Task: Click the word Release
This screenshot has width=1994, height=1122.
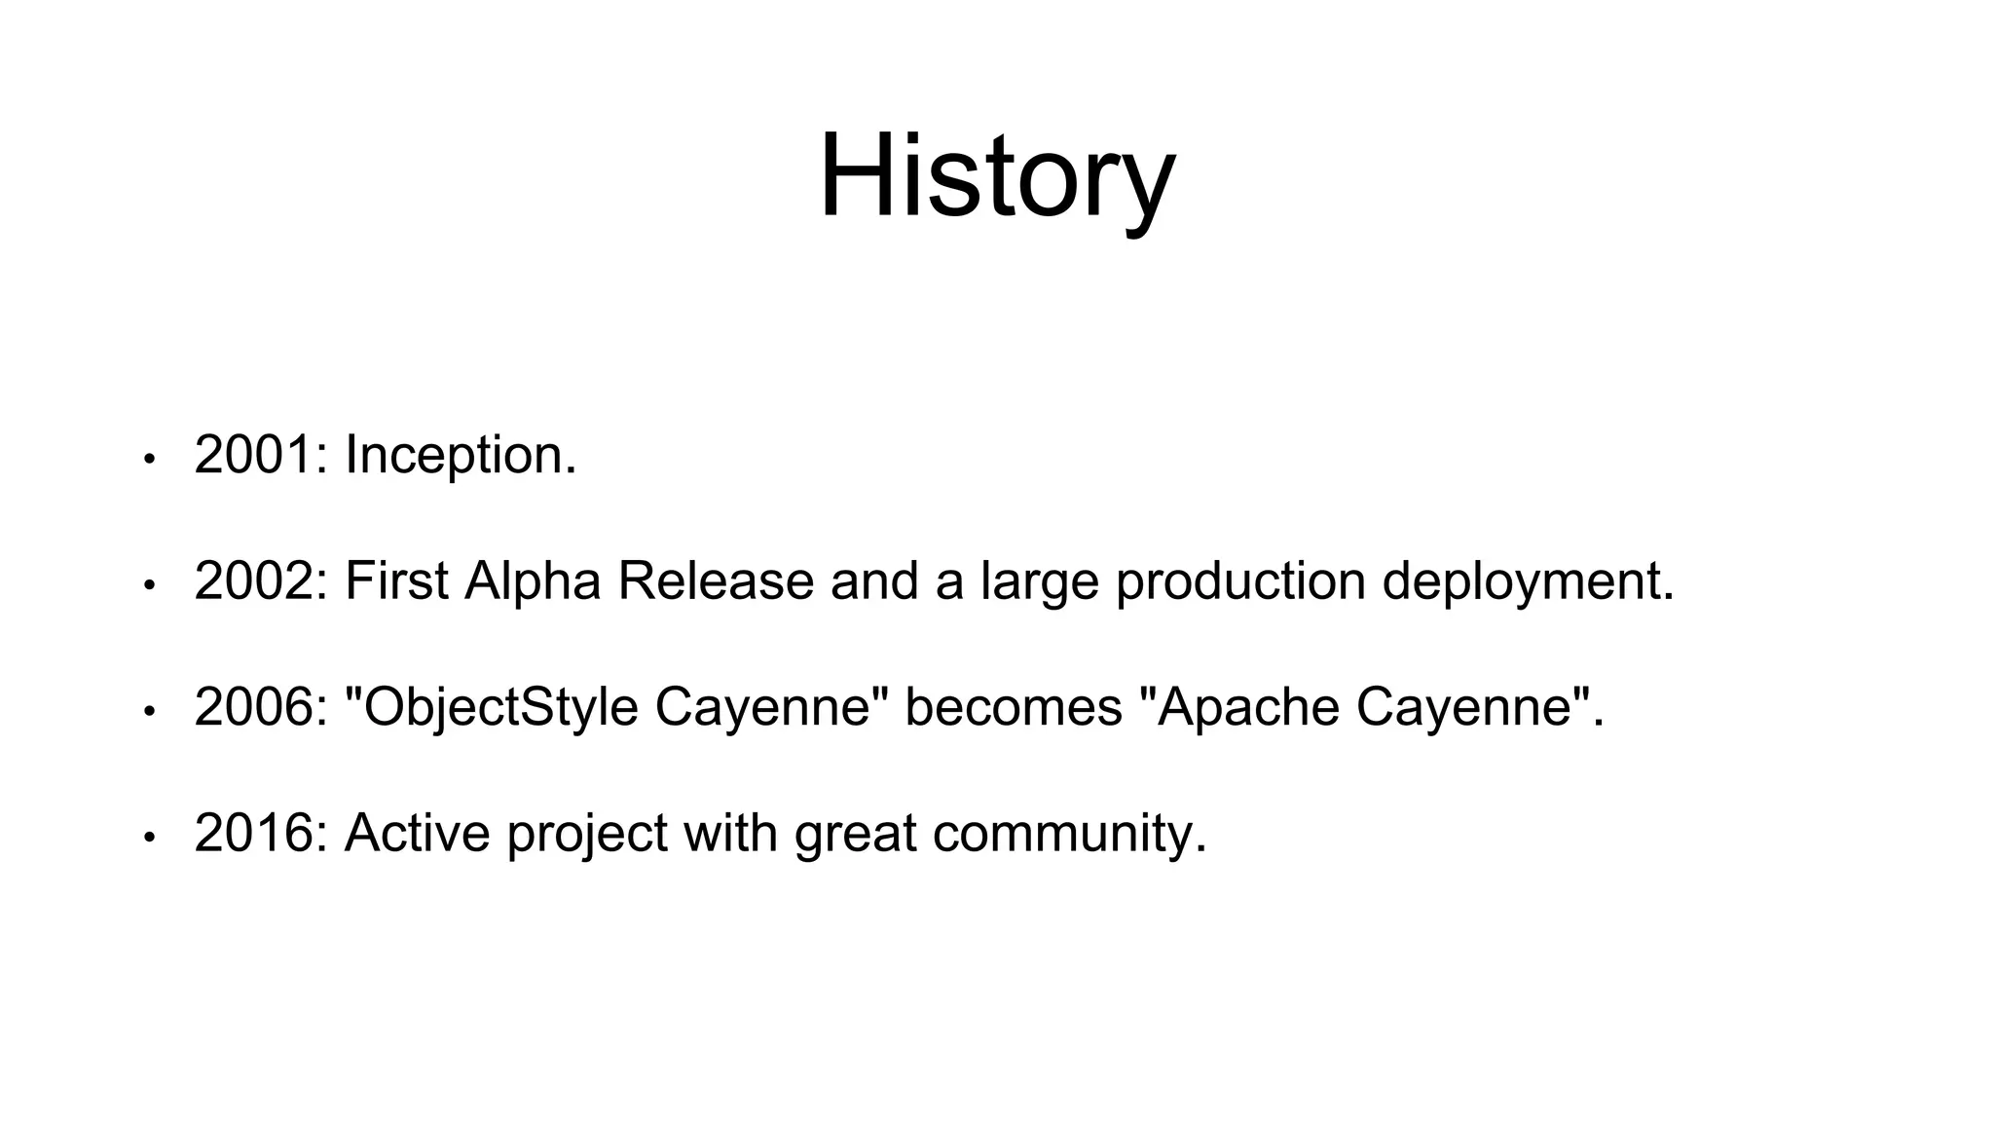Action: point(716,581)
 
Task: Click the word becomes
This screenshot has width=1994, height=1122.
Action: point(1014,707)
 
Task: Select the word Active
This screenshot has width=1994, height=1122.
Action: point(417,834)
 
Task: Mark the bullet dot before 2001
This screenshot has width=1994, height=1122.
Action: point(149,459)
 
